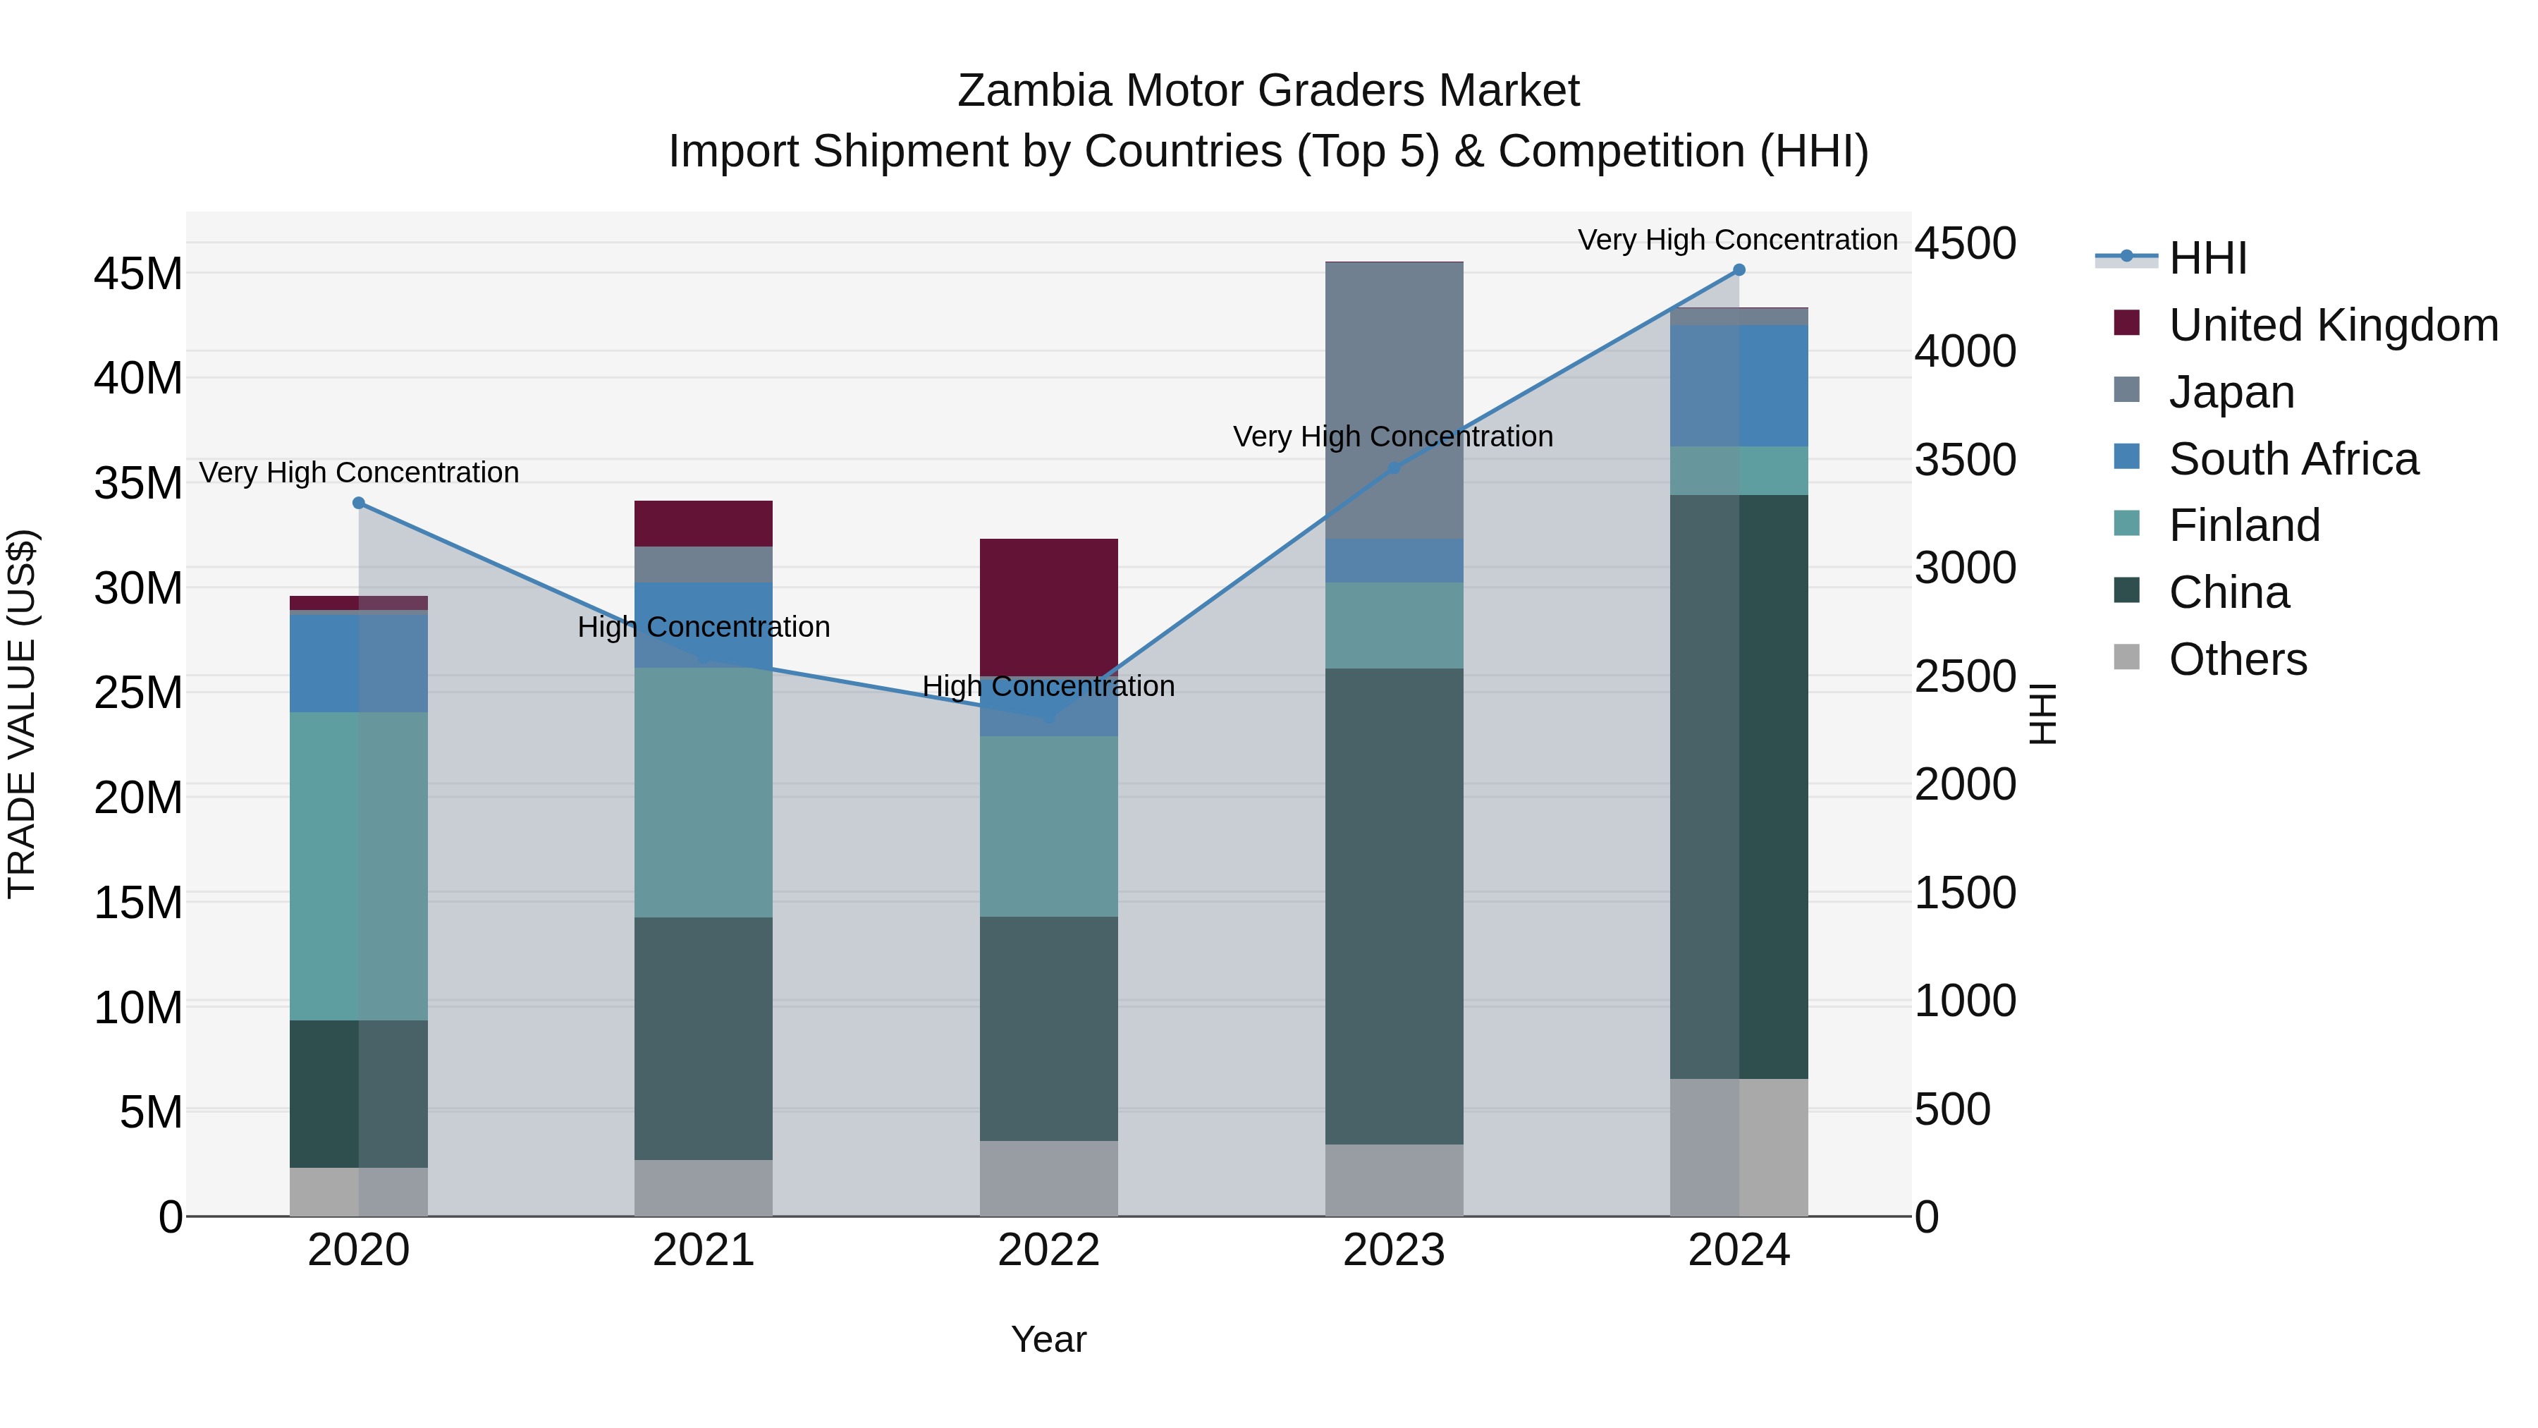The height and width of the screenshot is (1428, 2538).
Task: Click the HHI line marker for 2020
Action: pyautogui.click(x=359, y=504)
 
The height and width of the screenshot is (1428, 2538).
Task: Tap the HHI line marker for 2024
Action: pyautogui.click(x=1739, y=270)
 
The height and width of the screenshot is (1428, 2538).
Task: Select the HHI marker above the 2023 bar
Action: pyautogui.click(x=1394, y=468)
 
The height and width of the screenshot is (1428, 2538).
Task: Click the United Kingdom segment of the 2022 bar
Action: pyautogui.click(x=1048, y=607)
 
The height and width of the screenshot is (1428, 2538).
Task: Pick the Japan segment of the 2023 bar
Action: pyautogui.click(x=1394, y=400)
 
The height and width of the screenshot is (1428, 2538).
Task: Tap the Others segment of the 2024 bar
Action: pyautogui.click(x=1739, y=1147)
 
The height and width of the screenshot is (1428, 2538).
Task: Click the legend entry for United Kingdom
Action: pyautogui.click(x=2332, y=325)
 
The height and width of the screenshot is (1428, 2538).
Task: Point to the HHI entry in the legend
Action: pyautogui.click(x=2207, y=258)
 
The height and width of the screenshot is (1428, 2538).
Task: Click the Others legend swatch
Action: pyautogui.click(x=2127, y=657)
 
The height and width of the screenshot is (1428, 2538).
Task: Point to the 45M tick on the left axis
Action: pyautogui.click(x=138, y=274)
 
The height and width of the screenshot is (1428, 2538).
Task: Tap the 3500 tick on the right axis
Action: pyautogui.click(x=1965, y=460)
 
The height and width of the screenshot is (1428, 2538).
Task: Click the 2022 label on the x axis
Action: pyautogui.click(x=1048, y=1250)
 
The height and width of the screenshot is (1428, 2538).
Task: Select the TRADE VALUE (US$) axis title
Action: pyautogui.click(x=22, y=714)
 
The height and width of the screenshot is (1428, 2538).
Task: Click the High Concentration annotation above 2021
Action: pyautogui.click(x=704, y=627)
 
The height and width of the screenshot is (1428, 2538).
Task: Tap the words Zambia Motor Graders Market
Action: pyautogui.click(x=1268, y=91)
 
